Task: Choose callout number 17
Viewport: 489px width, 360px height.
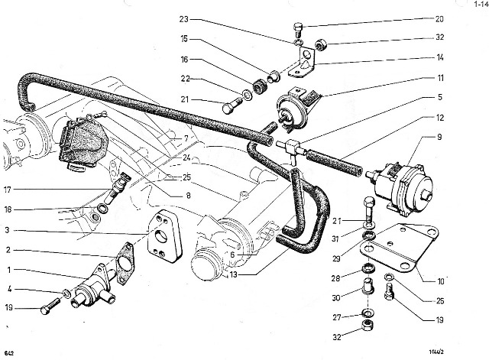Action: (8, 190)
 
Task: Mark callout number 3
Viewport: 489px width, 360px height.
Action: (8, 230)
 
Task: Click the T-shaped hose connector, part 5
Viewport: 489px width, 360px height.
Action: (293, 148)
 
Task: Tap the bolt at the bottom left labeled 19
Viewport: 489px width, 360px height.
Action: (47, 310)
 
